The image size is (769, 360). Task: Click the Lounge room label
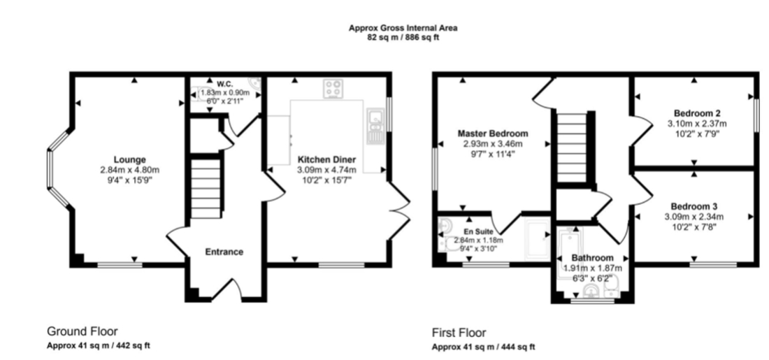point(130,159)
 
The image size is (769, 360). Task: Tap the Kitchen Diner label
point(326,159)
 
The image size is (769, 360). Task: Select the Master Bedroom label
point(493,134)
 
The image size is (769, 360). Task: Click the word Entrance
point(224,252)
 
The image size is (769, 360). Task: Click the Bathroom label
point(592,258)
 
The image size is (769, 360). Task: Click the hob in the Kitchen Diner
point(333,89)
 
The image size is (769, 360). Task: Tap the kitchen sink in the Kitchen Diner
point(374,126)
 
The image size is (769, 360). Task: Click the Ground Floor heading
point(82,331)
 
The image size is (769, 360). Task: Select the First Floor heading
point(459,333)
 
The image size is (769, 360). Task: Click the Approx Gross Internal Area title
point(403,29)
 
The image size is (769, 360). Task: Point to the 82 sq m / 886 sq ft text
point(403,37)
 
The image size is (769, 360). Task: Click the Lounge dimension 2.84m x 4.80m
point(130,170)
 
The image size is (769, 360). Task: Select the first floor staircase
point(572,147)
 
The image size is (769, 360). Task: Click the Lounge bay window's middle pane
point(49,169)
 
